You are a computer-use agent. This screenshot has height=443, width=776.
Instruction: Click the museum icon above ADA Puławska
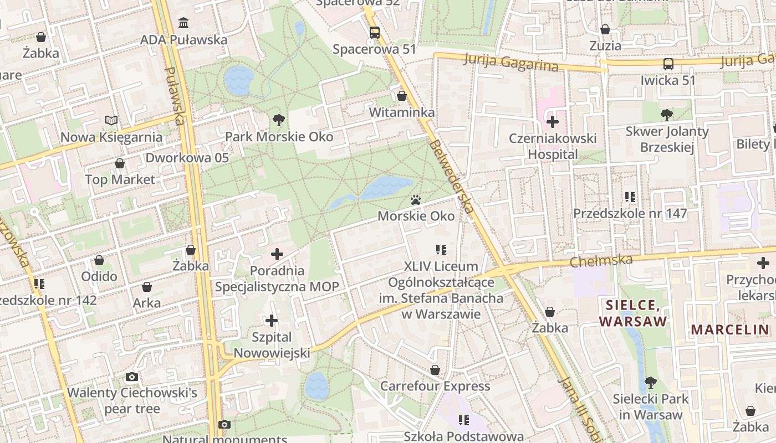(183, 23)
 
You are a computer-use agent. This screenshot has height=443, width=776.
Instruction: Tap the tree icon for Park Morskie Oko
(279, 120)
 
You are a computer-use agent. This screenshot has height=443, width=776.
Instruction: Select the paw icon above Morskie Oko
(416, 199)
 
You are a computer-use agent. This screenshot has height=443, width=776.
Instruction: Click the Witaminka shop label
(402, 112)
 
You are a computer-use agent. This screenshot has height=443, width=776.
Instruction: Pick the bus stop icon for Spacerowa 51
(375, 33)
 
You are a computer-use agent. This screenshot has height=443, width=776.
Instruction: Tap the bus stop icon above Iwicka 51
(668, 64)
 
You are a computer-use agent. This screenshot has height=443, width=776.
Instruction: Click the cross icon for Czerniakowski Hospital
(553, 122)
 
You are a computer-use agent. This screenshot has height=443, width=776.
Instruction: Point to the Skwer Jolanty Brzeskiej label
(667, 139)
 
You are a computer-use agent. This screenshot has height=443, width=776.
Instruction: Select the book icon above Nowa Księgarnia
(111, 120)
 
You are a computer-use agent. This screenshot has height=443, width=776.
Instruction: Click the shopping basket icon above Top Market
(120, 163)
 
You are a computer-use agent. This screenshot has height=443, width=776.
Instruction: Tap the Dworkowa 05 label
(187, 158)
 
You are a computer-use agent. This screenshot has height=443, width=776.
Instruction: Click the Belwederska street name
(451, 176)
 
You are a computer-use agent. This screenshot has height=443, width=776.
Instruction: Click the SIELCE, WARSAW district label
(632, 313)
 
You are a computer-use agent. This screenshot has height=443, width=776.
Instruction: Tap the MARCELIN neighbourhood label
(729, 330)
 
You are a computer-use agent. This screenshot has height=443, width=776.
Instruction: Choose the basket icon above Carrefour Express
(435, 369)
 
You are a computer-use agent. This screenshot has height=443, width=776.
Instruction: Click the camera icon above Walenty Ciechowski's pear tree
(131, 377)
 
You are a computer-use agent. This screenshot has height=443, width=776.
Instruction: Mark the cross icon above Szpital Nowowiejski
(272, 321)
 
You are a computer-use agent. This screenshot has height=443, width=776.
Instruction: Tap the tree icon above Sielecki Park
(651, 382)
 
